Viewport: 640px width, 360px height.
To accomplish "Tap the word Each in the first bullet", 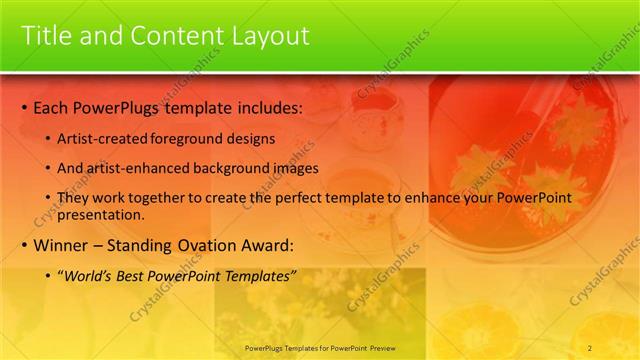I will coord(51,107).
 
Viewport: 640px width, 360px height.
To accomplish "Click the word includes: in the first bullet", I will coord(266,107).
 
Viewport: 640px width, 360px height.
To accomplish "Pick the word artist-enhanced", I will coord(131,169).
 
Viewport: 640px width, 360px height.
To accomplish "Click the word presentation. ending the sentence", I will coord(101,214).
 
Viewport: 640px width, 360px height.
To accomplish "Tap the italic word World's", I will coord(88,276).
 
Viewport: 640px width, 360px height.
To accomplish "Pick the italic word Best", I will coord(132,276).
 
